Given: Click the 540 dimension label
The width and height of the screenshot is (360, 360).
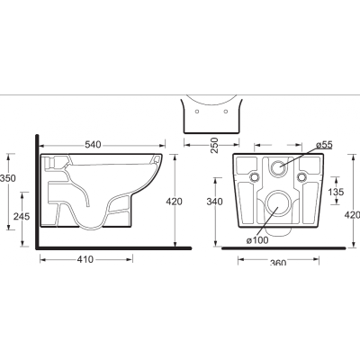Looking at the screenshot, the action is click(93, 145).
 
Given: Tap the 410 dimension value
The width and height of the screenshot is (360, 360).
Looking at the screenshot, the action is click(85, 259).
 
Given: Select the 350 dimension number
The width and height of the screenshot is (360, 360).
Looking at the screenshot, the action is click(8, 178).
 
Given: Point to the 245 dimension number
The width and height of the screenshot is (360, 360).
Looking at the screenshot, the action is click(22, 216).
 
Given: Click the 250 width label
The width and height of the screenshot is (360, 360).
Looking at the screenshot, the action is click(214, 145).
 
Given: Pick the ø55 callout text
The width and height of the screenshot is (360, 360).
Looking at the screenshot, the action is click(324, 145).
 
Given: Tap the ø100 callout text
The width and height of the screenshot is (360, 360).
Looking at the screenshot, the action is click(257, 240).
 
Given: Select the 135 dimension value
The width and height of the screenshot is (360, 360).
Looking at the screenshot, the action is click(336, 192).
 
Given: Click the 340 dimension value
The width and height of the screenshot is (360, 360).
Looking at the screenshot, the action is click(215, 202).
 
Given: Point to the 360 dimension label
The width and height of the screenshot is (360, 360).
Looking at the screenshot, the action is click(278, 263).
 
